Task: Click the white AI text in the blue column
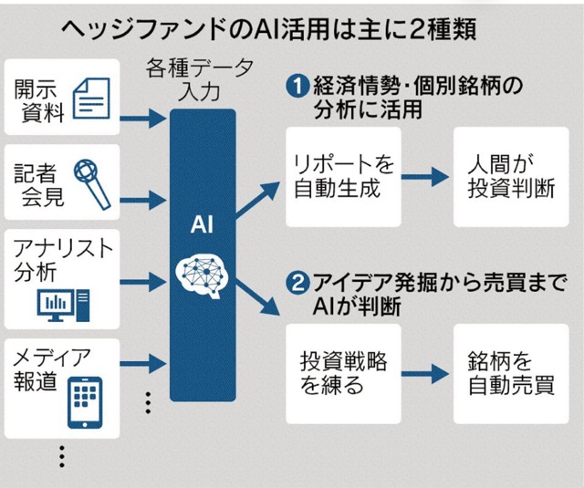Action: [203, 224]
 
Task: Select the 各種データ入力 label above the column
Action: [203, 78]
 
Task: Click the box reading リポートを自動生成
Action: [343, 178]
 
